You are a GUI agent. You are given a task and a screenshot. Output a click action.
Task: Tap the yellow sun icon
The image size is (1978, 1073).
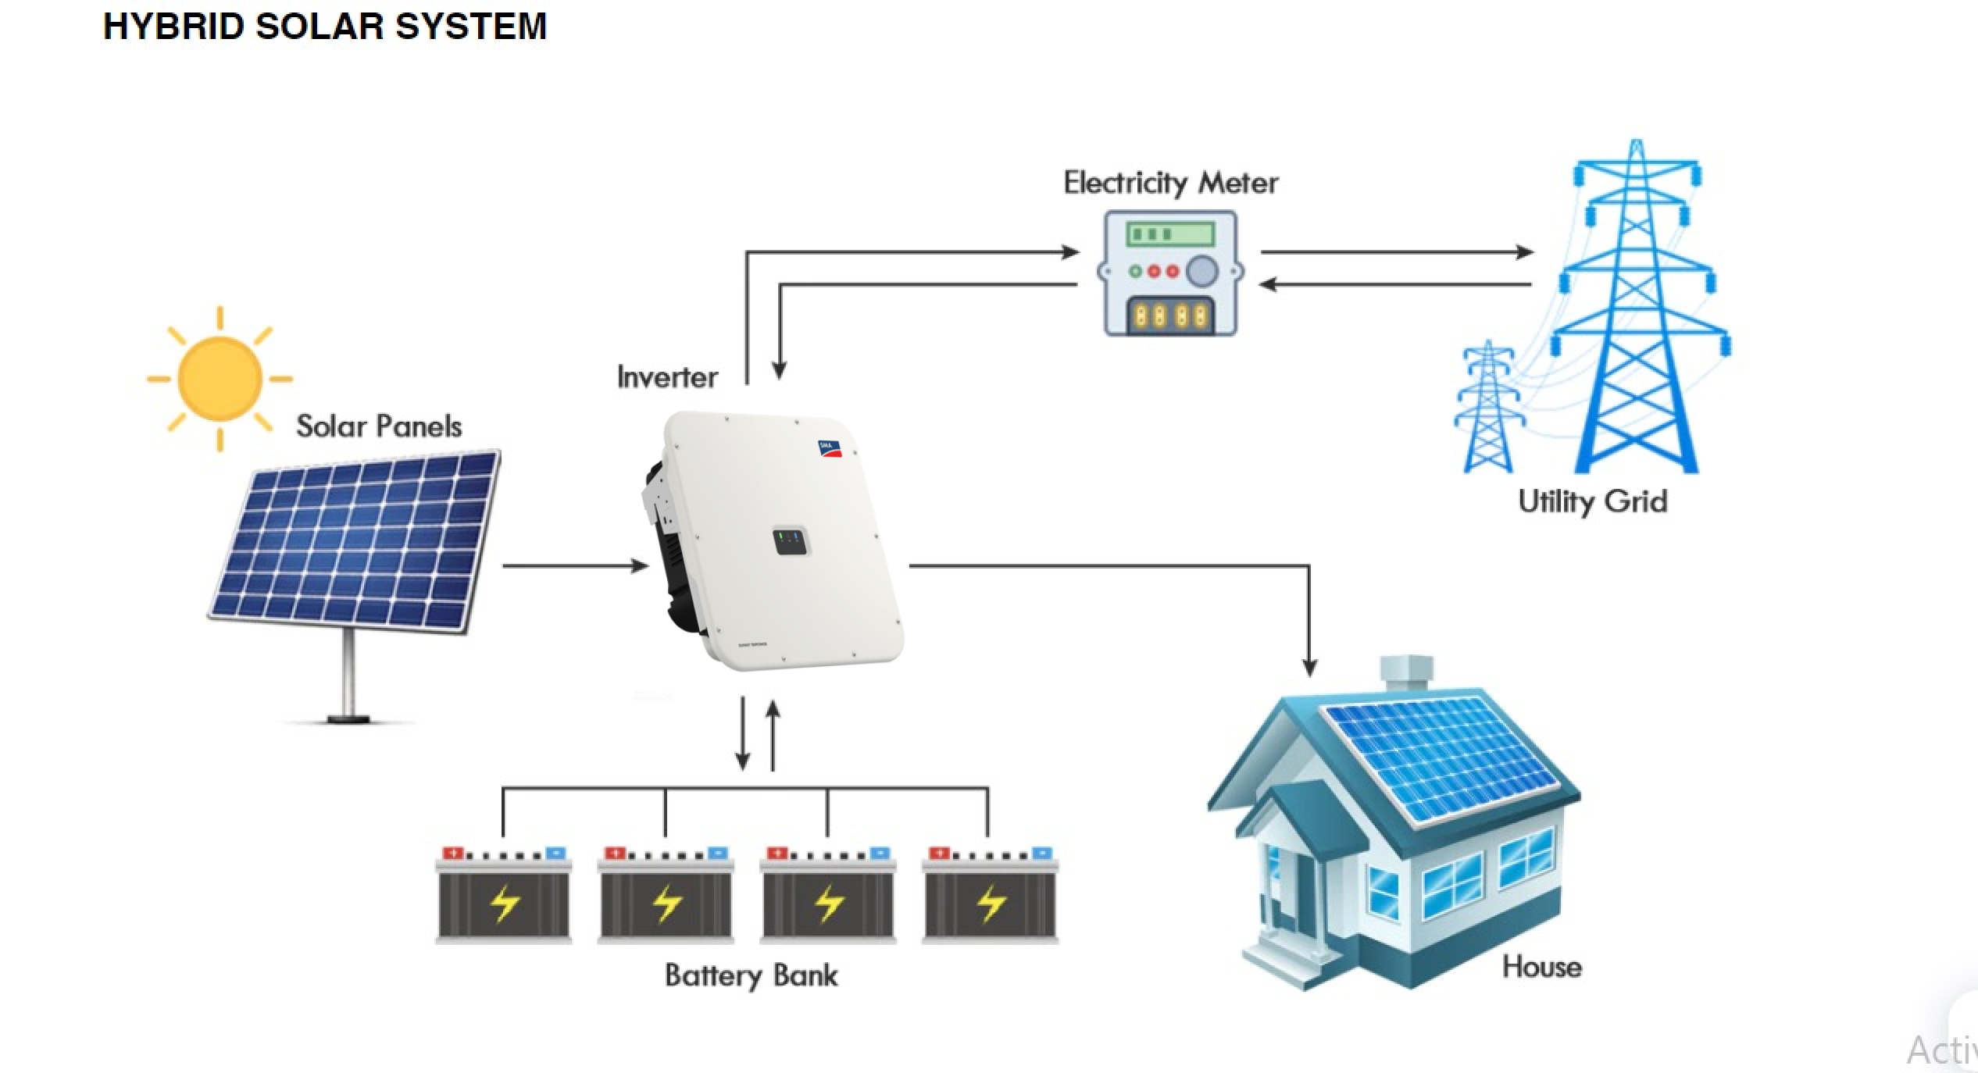(x=220, y=379)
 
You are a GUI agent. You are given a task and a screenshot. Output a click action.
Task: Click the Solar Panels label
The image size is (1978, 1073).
(x=379, y=426)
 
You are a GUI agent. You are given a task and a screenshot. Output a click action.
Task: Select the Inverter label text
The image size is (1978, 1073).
(x=667, y=377)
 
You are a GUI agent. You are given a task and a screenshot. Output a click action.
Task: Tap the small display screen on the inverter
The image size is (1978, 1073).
(x=790, y=540)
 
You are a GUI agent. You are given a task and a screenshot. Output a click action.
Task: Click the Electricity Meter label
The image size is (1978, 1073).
(x=1170, y=183)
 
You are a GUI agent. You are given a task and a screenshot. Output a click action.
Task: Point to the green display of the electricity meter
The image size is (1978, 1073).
(x=1169, y=233)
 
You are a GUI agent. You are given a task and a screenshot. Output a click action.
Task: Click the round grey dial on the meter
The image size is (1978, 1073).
(x=1202, y=271)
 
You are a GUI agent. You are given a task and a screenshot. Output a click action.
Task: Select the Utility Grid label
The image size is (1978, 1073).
(x=1592, y=501)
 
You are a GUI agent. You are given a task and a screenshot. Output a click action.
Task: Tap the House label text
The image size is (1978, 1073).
(x=1542, y=968)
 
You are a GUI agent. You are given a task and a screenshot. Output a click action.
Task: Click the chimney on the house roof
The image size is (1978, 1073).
(x=1406, y=673)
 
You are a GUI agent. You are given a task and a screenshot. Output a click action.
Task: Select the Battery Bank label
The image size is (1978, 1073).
(x=751, y=975)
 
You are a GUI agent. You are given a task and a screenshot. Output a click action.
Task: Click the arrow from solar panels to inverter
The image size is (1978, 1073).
(x=575, y=565)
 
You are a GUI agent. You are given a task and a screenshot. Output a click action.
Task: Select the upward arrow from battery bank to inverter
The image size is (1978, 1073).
(x=773, y=734)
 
